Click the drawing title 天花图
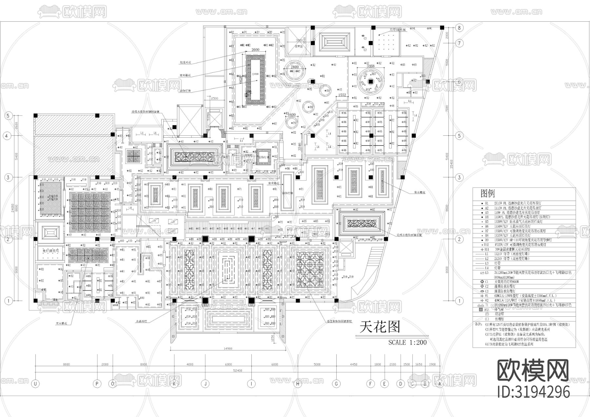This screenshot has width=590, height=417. pyautogui.click(x=380, y=327)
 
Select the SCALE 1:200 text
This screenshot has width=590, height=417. pyautogui.click(x=407, y=343)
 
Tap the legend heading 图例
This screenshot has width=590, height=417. pyautogui.click(x=487, y=194)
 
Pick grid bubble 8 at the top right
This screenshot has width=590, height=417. pyautogui.click(x=459, y=28)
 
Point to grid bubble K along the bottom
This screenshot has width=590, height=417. pyautogui.click(x=174, y=383)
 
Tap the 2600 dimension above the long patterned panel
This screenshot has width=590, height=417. pyautogui.click(x=255, y=50)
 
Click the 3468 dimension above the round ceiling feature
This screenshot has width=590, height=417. pyautogui.click(x=370, y=66)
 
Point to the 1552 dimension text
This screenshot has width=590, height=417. pyautogui.click(x=342, y=95)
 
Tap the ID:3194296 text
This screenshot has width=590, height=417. pyautogui.click(x=533, y=391)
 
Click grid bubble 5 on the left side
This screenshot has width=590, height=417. pyautogui.click(x=8, y=116)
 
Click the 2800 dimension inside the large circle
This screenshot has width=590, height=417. pyautogui.click(x=295, y=67)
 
